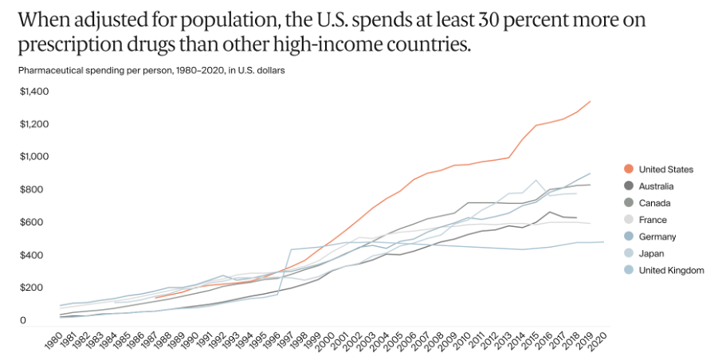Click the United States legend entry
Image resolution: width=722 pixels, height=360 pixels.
[666, 169]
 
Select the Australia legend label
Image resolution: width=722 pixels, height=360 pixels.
[657, 186]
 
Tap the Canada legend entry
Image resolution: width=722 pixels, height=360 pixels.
[653, 203]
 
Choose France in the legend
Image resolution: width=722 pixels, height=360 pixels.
[653, 220]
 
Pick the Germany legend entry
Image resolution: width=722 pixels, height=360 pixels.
[657, 237]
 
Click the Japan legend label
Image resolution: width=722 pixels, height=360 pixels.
[652, 253]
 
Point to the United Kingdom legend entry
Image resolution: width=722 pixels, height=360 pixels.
[672, 270]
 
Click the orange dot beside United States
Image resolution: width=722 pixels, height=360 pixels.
[629, 169]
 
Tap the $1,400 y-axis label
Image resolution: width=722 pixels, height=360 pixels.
[34, 92]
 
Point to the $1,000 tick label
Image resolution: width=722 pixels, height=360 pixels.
[34, 157]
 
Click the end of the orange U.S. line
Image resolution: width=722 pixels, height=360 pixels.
[591, 101]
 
